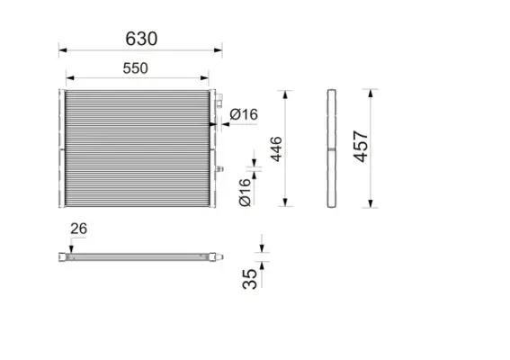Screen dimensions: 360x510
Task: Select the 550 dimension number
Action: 135,67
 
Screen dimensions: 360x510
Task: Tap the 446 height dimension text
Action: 276,148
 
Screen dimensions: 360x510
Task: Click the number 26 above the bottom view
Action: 78,229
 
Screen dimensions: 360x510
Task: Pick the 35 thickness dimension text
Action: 251,277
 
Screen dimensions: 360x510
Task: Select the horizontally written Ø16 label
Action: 244,114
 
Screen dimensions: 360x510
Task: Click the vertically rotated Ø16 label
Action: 245,193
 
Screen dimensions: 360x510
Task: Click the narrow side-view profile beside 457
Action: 331,148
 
